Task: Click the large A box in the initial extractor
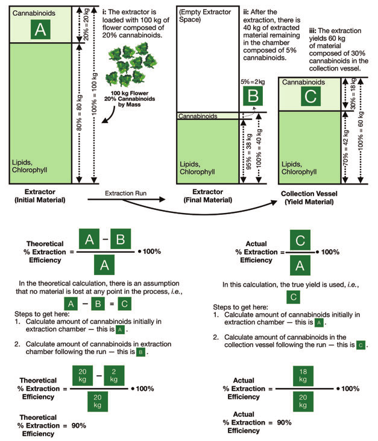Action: tap(39, 29)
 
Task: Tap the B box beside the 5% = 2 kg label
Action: tap(252, 95)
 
